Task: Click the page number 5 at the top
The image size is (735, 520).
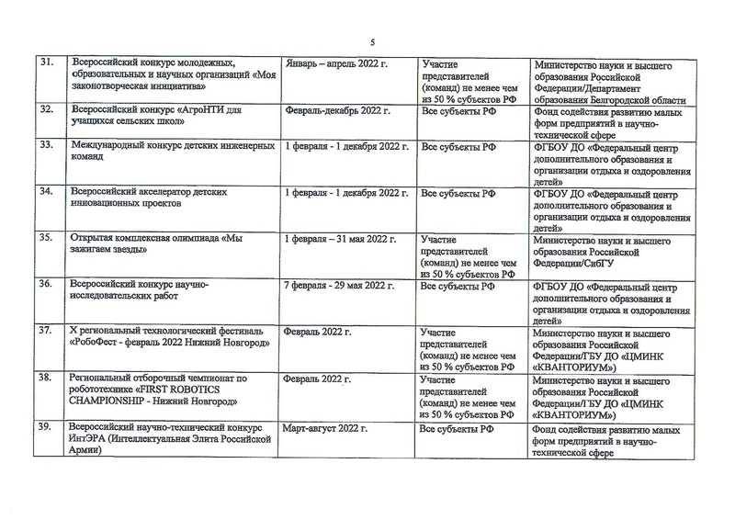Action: (373, 40)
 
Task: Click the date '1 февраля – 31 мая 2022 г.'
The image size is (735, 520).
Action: (342, 237)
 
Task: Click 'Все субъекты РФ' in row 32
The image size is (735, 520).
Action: (458, 110)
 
